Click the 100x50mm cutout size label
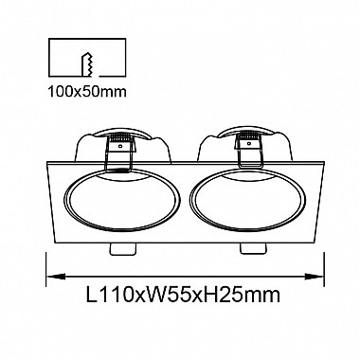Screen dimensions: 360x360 tap(87, 92)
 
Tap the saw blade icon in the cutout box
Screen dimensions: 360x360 tap(87, 64)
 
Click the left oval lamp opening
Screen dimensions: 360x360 tap(122, 201)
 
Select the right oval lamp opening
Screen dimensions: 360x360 tap(247, 201)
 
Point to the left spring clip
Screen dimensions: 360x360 tap(119, 153)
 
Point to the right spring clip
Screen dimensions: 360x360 tap(249, 150)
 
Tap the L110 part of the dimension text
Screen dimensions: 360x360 tap(106, 295)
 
